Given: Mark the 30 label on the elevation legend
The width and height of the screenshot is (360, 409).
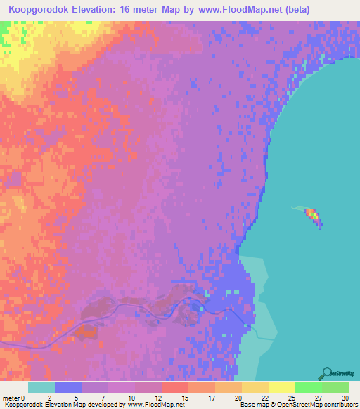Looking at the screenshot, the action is click(x=345, y=397).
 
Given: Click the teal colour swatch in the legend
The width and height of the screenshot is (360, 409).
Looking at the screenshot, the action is click(x=41, y=387).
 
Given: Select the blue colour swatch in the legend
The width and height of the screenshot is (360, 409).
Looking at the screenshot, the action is click(x=68, y=387).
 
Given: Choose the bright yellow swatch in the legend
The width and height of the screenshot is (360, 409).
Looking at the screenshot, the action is click(x=281, y=387).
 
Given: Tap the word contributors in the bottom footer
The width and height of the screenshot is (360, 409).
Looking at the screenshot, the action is click(x=339, y=405).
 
